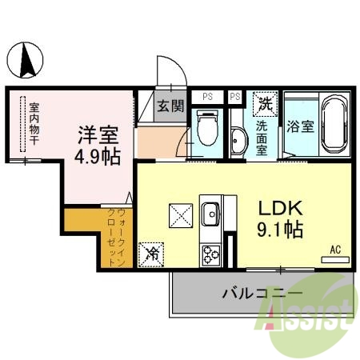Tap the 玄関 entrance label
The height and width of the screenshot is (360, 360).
(170, 105)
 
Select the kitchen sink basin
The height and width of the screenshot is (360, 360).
(212, 214)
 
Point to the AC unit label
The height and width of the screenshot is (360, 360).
(336, 250)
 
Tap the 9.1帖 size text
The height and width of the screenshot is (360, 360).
(278, 230)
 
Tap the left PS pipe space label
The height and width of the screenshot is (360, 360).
(207, 97)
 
